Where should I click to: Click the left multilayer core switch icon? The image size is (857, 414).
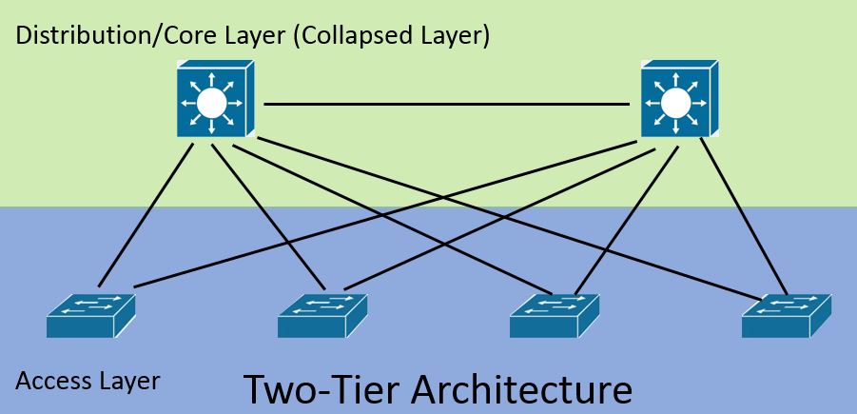[x=215, y=98]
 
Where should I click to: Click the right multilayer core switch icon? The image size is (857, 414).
[x=679, y=98]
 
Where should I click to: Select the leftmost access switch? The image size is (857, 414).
[x=90, y=316]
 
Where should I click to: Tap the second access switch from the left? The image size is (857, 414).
[x=322, y=316]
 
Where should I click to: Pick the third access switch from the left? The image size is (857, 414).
[x=555, y=316]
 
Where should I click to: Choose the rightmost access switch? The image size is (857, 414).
[x=787, y=316]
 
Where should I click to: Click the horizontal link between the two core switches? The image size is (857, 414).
[x=446, y=104]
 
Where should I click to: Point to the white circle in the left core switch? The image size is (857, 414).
[x=211, y=103]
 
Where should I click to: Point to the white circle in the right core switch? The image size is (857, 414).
[x=676, y=103]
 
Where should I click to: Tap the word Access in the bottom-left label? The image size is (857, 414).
[x=49, y=381]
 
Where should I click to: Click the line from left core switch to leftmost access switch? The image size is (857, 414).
[x=146, y=215]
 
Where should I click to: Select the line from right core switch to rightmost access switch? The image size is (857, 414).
[x=744, y=216]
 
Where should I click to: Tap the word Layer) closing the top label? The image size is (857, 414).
[x=456, y=36]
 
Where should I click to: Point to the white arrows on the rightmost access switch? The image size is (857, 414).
[x=785, y=306]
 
